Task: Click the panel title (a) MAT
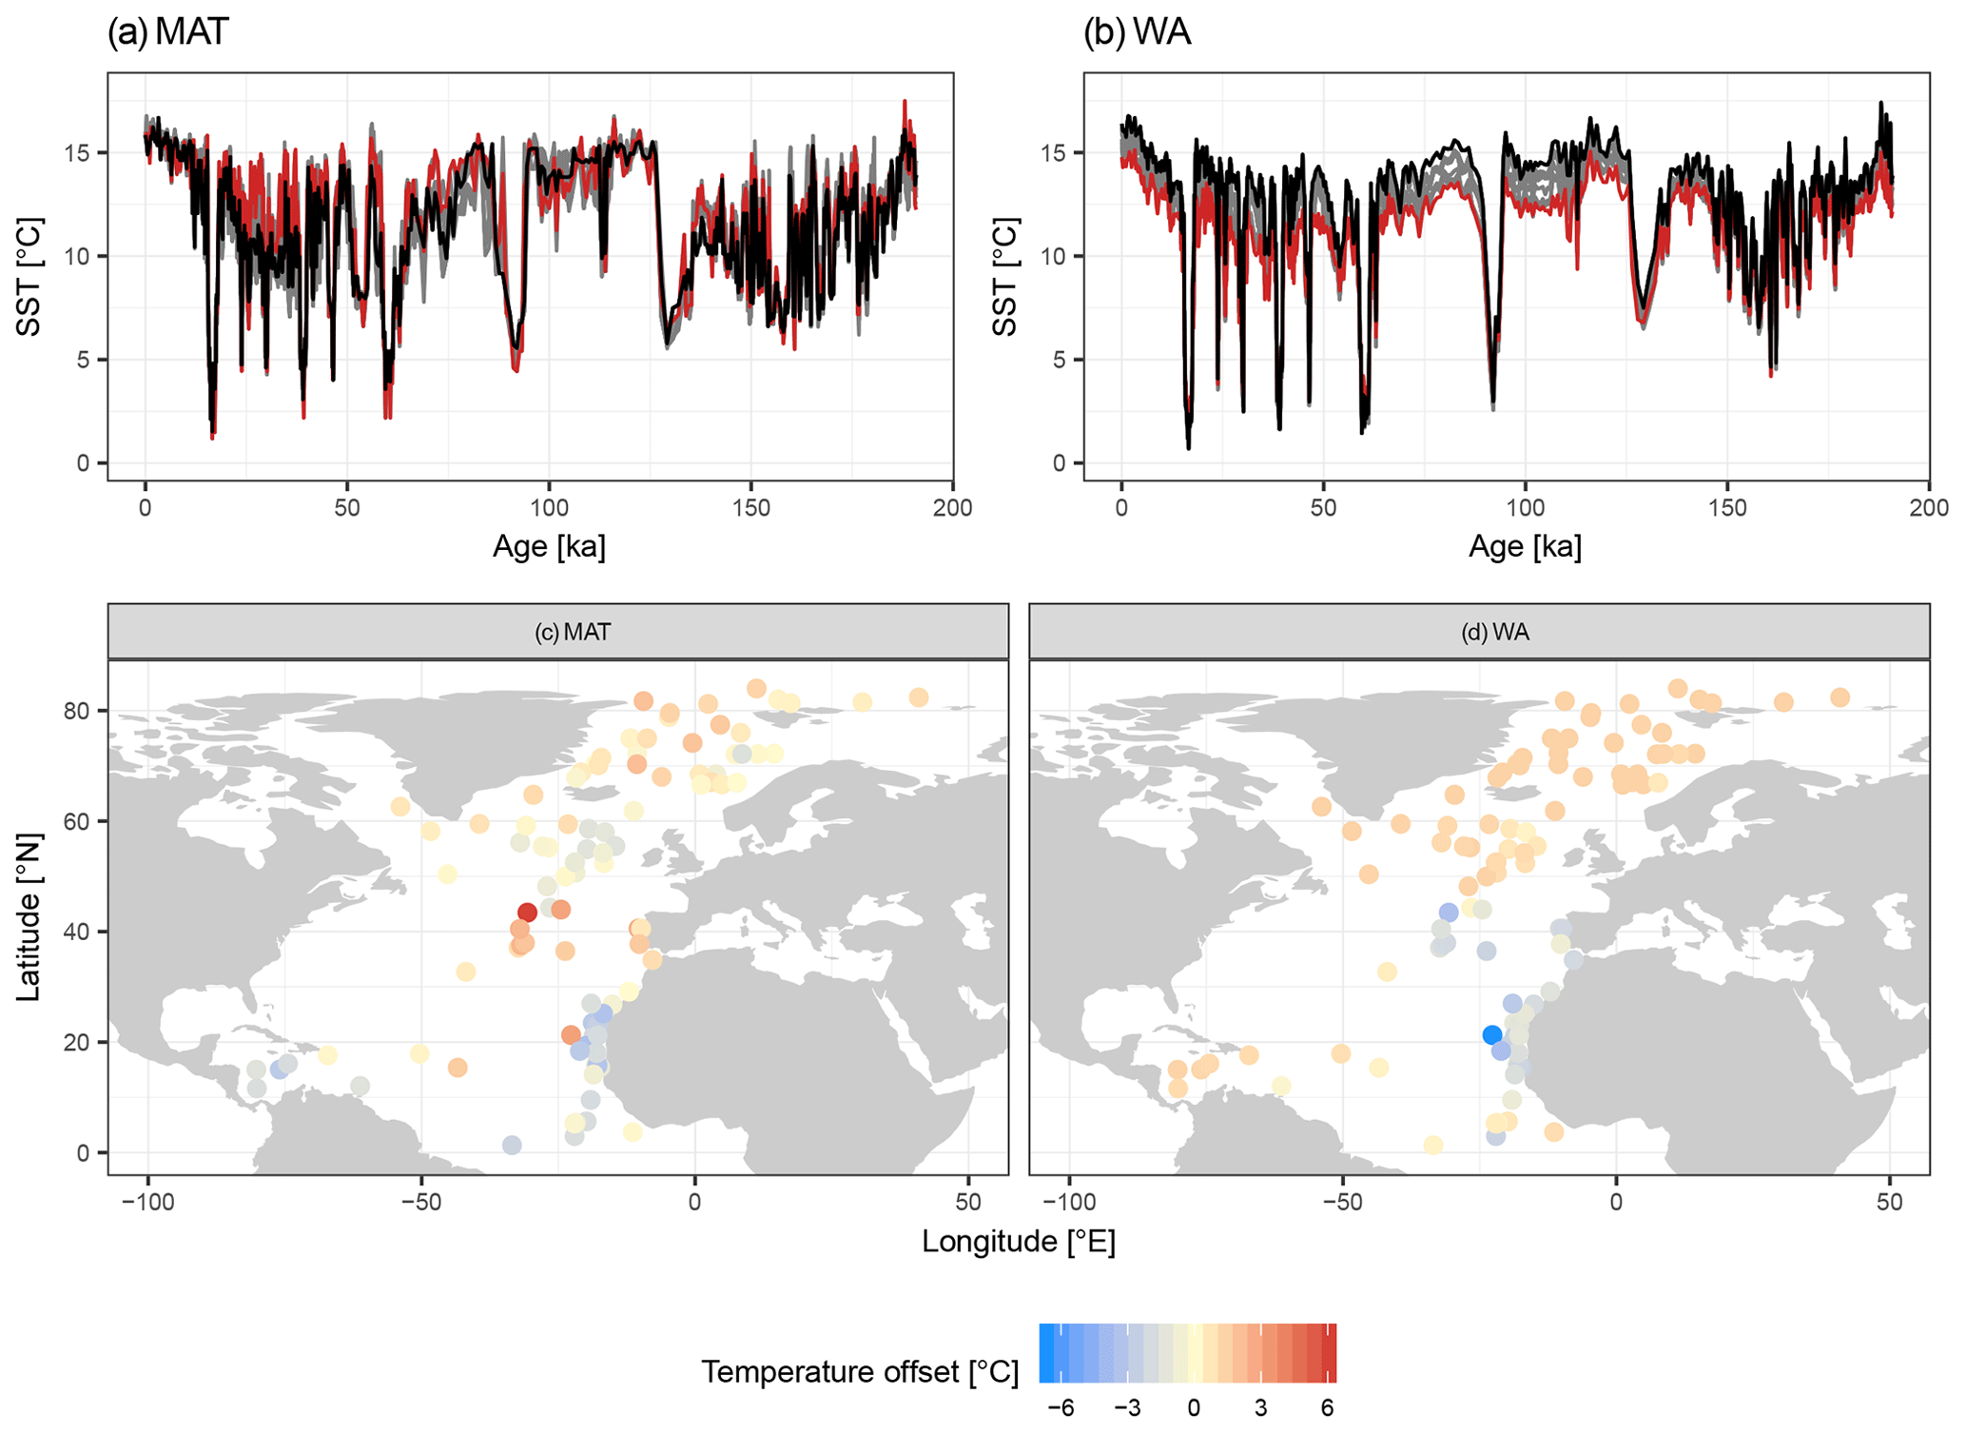coord(168,32)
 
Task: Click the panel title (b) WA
coord(1137,32)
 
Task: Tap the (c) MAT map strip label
coord(572,632)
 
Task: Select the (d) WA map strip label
coord(1494,632)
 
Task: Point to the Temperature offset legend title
coord(860,1371)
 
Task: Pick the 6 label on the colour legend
coord(1327,1408)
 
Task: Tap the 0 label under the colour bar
coord(1194,1408)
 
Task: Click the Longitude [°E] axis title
coord(1018,1241)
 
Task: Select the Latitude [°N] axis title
coord(29,917)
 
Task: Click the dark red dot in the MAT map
coord(527,912)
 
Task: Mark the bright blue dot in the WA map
coord(1491,1034)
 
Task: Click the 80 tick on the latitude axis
coord(78,711)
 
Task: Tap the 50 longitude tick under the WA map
coord(1889,1202)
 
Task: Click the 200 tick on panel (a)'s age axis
coord(952,507)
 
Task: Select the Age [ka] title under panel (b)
coord(1525,546)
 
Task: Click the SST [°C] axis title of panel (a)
coord(29,276)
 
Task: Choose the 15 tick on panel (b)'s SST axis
coord(1053,153)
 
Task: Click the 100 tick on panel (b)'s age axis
coord(1525,507)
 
